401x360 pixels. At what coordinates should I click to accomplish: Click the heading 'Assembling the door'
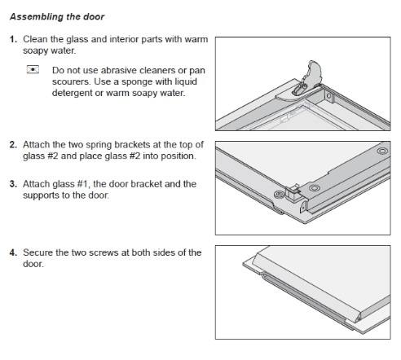57,17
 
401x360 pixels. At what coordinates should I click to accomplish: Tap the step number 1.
13,39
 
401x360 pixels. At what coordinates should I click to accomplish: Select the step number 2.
13,145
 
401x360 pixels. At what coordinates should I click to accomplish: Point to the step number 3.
13,184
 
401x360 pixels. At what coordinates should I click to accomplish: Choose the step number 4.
13,252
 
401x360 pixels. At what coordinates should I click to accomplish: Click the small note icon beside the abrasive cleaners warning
33,70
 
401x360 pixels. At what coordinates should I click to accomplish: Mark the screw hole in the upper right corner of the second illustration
382,151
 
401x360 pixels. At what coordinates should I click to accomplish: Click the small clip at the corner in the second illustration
293,193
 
